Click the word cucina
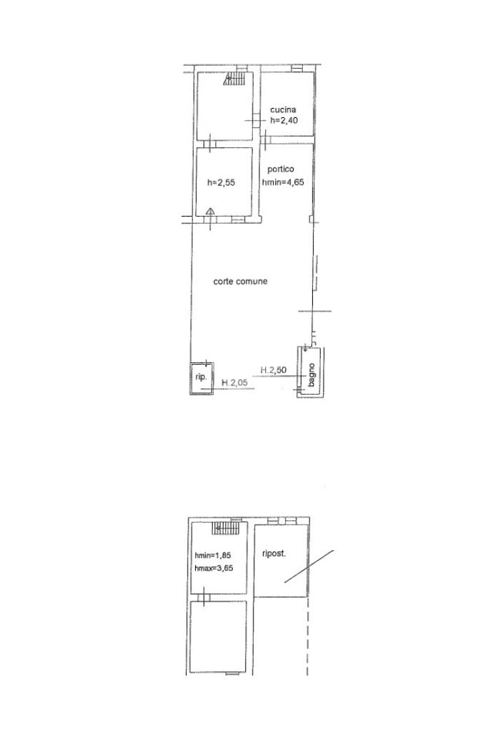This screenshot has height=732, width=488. click(283, 109)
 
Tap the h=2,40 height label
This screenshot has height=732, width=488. click(284, 120)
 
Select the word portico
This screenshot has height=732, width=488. click(280, 169)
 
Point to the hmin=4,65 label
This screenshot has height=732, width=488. click(283, 182)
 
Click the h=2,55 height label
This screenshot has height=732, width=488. click(221, 182)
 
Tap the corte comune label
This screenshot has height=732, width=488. click(240, 282)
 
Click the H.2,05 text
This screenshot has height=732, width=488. click(234, 383)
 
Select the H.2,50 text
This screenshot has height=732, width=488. click(274, 370)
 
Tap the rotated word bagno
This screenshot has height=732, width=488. click(312, 375)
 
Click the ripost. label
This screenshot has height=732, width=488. click(274, 554)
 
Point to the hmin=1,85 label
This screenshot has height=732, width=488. click(213, 555)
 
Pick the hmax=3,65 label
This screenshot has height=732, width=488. click(214, 568)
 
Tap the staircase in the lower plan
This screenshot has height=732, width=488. click(225, 528)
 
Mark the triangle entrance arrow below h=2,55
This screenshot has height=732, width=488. click(210, 212)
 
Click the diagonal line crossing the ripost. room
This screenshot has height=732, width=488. click(309, 567)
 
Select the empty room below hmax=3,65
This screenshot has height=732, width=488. click(219, 637)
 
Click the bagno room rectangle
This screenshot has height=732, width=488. click(312, 372)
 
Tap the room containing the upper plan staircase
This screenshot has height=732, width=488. click(225, 106)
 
